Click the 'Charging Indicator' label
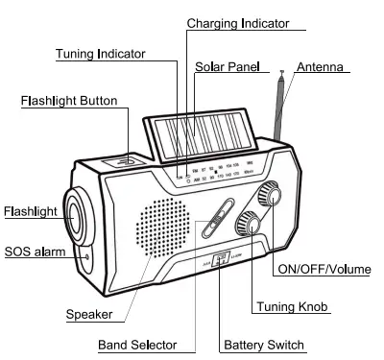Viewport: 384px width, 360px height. tap(237, 23)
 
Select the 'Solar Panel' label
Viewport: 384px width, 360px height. tap(231, 67)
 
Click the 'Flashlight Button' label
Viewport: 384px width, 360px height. tap(69, 100)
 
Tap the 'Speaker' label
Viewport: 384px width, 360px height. tap(88, 314)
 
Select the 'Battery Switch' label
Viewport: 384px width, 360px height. tap(263, 345)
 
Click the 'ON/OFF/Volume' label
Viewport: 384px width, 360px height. tap(323, 270)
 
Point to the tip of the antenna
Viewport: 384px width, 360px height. tap(280, 72)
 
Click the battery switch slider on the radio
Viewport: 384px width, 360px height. tap(220, 257)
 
